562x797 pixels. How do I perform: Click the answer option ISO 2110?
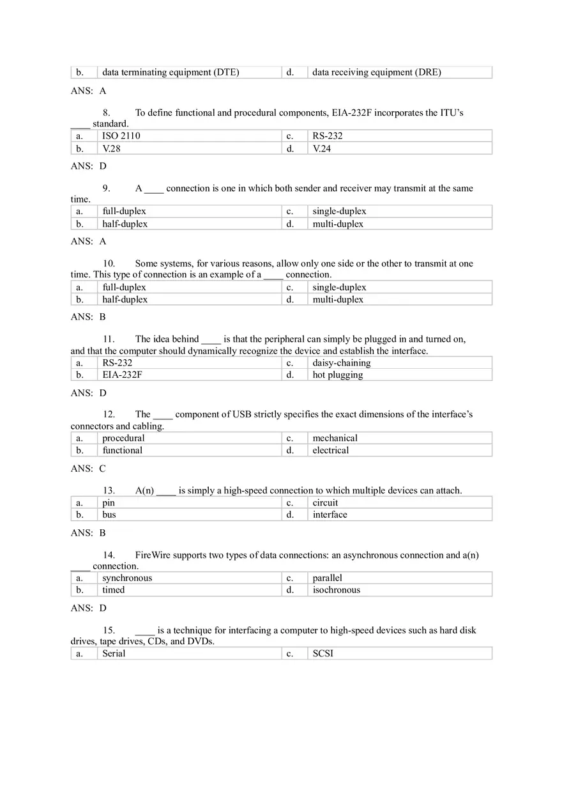tap(121, 136)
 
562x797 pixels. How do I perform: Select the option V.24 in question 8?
tap(322, 149)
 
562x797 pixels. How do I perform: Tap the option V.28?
tap(112, 149)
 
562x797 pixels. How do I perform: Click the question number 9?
tap(106, 189)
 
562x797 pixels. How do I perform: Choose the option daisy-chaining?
tap(341, 363)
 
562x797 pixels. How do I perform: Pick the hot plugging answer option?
tap(337, 375)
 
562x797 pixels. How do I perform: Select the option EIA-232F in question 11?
tap(122, 375)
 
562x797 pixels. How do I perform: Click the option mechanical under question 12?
tap(335, 438)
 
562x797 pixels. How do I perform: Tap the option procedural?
tap(123, 438)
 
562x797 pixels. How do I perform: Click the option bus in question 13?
tap(109, 515)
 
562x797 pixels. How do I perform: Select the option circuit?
tap(325, 503)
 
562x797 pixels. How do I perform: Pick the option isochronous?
tap(336, 591)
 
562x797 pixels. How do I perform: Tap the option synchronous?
tap(127, 578)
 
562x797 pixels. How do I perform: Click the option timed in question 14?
tap(113, 591)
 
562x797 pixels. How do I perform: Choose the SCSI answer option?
tap(323, 654)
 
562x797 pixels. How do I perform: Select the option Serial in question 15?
tap(114, 654)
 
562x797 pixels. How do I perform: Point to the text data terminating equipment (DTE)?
tap(171, 73)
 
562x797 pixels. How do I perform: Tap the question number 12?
tap(109, 415)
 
